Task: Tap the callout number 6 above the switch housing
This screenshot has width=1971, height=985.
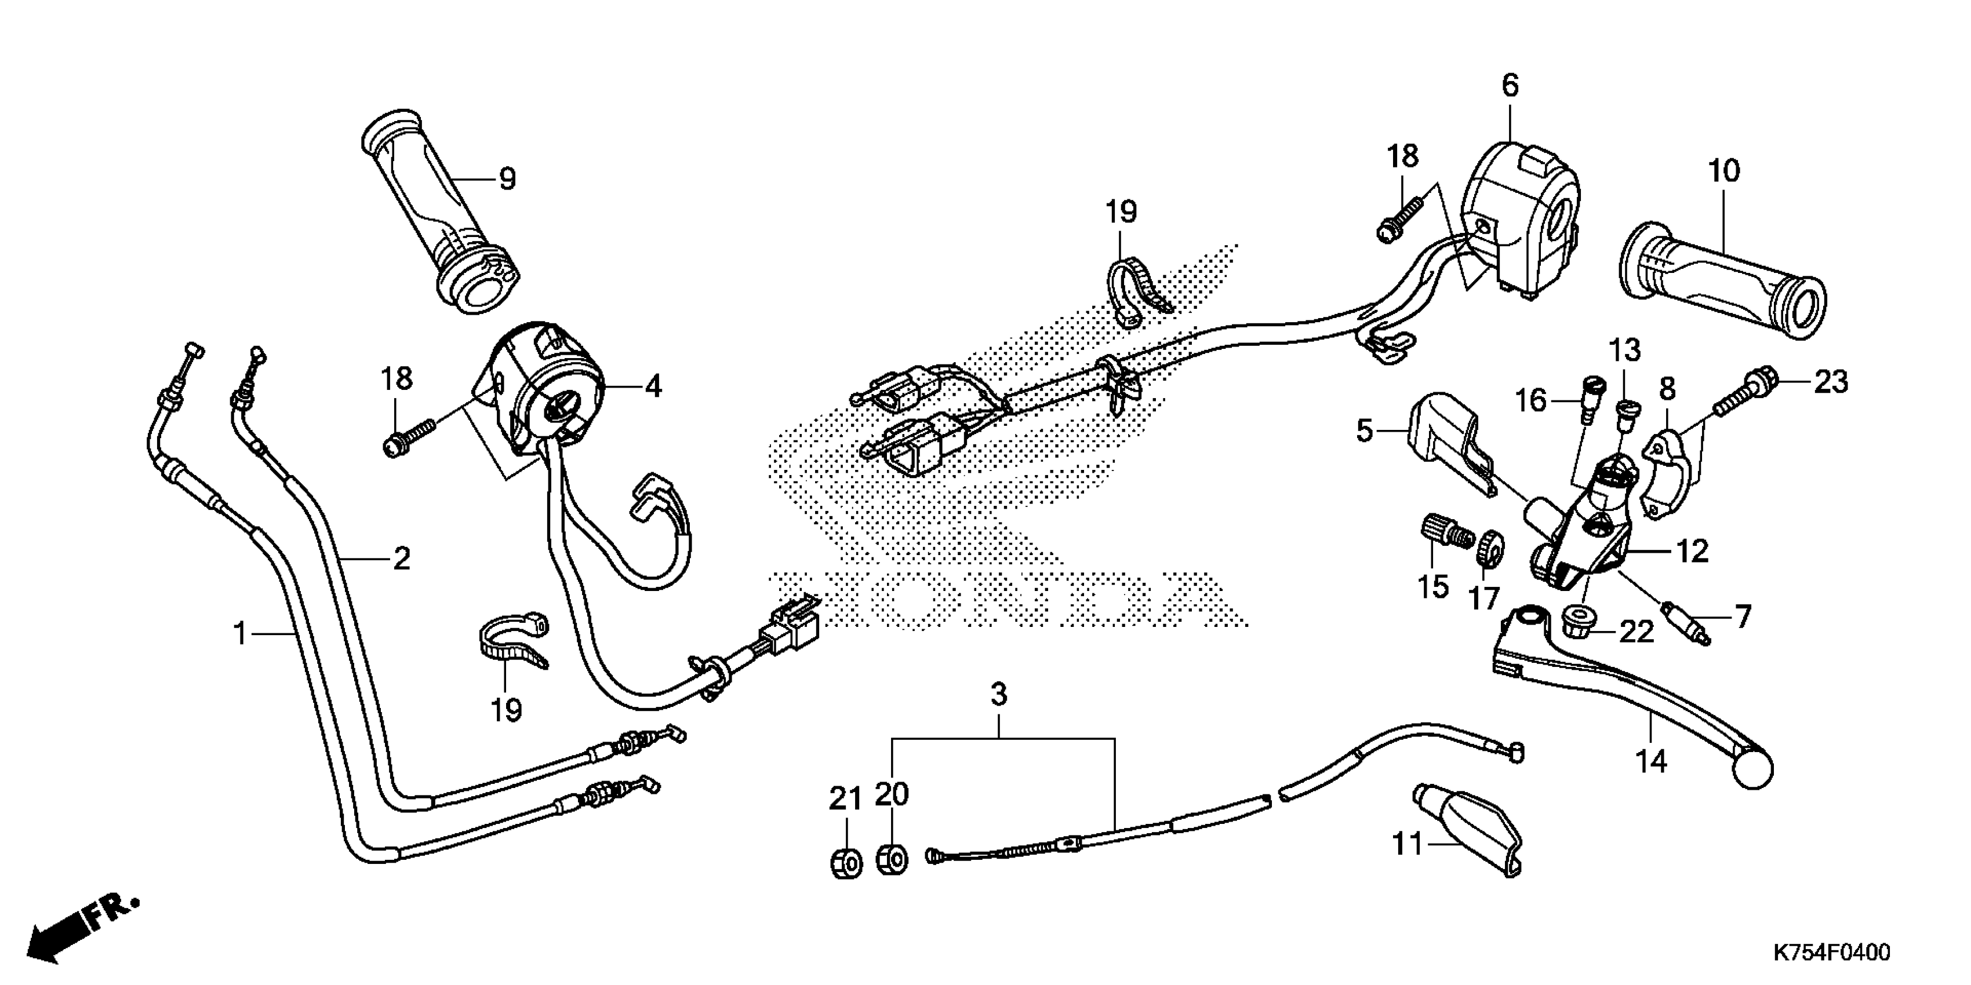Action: point(1509,86)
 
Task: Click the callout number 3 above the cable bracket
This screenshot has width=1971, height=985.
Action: point(998,694)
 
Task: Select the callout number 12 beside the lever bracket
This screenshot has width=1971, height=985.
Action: point(1692,550)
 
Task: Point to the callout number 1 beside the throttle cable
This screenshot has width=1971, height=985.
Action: point(240,634)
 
